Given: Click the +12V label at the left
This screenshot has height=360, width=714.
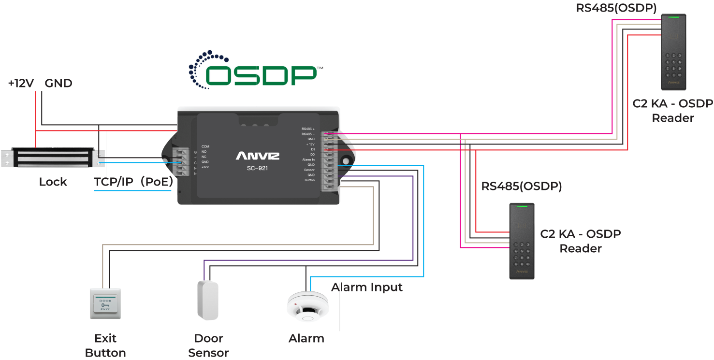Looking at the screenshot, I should point(21,84).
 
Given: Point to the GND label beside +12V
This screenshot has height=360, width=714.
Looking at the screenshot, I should point(58,84).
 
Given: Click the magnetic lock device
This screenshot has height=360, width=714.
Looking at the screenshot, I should point(50,158).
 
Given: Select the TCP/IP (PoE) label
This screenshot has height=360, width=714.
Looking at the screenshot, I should point(133,182).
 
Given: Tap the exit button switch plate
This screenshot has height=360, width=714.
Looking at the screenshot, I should point(105,303).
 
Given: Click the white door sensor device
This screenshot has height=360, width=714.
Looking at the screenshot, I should point(208,300).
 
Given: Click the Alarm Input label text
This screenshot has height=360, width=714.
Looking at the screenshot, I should point(367,288).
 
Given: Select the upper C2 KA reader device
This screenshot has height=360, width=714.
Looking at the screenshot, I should point(673,51).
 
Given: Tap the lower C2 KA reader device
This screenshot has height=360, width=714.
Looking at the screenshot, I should point(522,240).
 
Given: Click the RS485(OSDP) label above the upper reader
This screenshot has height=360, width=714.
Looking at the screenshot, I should point(616,8).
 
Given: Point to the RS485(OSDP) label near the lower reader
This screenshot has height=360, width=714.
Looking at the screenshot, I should point(522,187).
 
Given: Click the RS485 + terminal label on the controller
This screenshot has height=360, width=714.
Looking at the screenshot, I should point(308,129).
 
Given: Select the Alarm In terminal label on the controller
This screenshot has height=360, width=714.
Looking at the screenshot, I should point(308,159).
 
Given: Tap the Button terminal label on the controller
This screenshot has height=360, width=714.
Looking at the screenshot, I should point(309,180).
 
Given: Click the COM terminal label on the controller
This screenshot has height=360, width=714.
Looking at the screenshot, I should point(205,146).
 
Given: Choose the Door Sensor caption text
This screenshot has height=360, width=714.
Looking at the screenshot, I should point(208,345).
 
